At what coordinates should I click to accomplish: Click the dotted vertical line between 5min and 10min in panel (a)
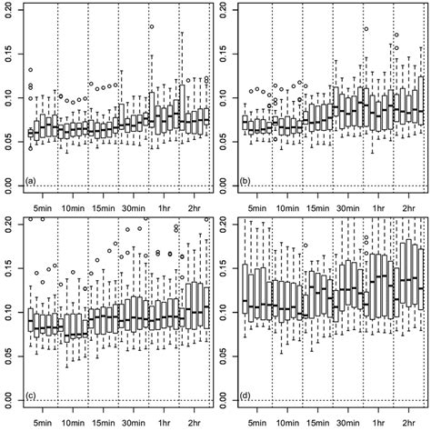click(58, 100)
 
